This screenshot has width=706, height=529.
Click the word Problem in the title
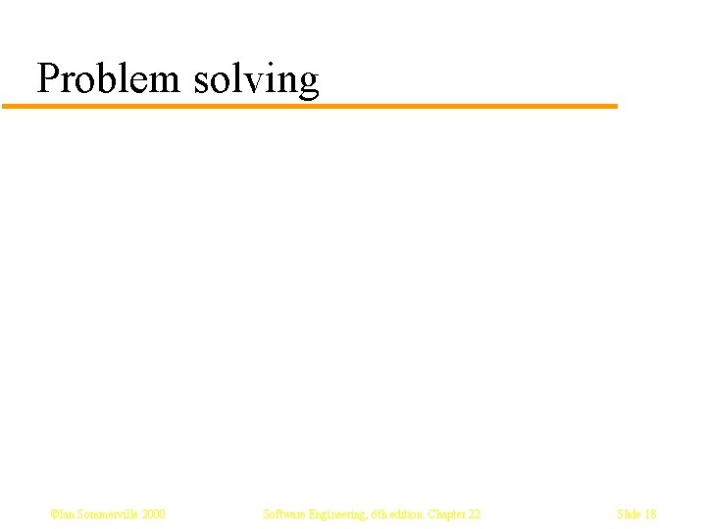coord(109,79)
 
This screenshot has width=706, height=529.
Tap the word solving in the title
coord(257,79)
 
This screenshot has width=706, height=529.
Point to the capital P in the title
coord(46,77)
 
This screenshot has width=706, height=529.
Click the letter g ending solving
coord(309,83)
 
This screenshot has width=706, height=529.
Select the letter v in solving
coord(252,80)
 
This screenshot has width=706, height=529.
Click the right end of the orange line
coord(616,106)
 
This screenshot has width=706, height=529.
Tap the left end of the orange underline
coord(5,106)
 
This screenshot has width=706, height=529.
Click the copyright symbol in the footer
coord(54,514)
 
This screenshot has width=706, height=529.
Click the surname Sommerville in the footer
coord(106,514)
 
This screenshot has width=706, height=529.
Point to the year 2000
coord(153,514)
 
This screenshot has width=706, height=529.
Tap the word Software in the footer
coord(284,514)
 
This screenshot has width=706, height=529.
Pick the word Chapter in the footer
coord(448,514)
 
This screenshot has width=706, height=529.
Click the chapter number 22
coord(475,514)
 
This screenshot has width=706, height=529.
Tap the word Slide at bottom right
coord(629,514)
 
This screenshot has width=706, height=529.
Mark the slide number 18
coord(651,514)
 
